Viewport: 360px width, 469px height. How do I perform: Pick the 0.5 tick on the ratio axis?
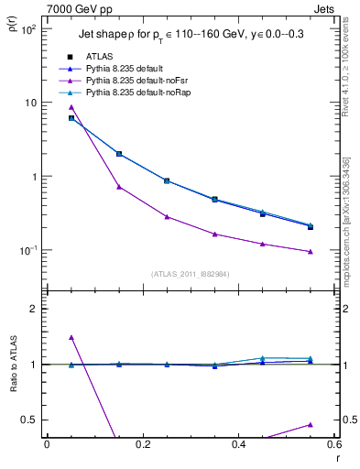click(x=29, y=420)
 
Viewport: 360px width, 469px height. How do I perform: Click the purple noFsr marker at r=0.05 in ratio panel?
click(x=71, y=337)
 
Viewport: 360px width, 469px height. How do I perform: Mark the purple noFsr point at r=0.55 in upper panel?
click(x=311, y=252)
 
